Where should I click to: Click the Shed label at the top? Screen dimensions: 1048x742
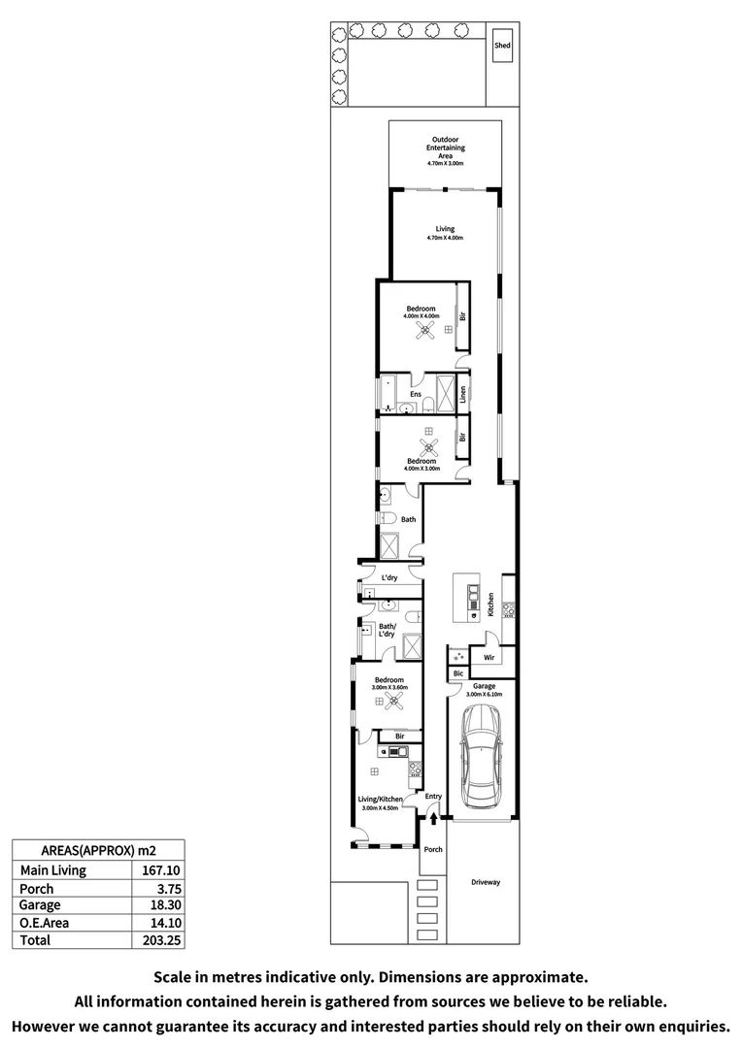tap(502, 46)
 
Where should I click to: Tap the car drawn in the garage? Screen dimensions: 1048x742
tap(481, 756)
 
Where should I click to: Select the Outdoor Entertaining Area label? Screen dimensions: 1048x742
tap(448, 148)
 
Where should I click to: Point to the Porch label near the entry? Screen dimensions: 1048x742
tap(433, 849)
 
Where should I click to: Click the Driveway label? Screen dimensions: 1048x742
tap(485, 883)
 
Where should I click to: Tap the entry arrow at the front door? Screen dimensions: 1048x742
tap(433, 820)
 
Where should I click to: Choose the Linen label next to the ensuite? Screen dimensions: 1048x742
tap(463, 394)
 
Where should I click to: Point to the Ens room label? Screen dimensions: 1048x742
tap(415, 395)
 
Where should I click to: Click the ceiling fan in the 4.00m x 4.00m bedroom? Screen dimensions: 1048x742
tap(423, 331)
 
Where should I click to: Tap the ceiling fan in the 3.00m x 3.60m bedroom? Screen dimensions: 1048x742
tap(392, 702)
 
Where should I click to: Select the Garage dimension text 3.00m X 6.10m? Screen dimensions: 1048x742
tap(484, 695)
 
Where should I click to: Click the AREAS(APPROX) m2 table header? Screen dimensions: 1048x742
tap(96, 846)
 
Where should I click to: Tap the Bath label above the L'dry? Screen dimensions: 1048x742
tap(409, 519)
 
